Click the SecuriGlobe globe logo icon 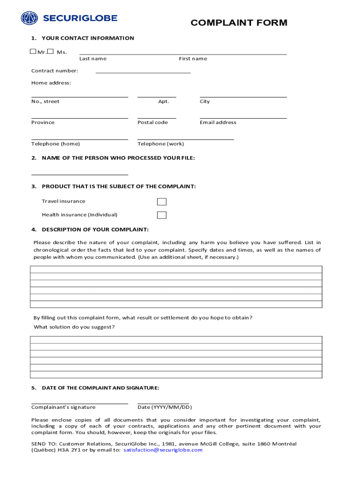click(x=29, y=18)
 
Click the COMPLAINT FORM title click(x=239, y=22)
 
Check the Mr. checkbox click(x=33, y=51)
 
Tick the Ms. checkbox click(x=50, y=51)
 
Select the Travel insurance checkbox click(x=162, y=202)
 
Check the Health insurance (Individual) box click(x=162, y=215)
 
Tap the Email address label click(x=218, y=123)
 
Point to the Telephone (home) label click(x=56, y=144)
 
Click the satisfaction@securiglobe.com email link click(x=163, y=450)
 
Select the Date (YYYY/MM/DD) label click(x=165, y=407)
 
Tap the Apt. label click(x=164, y=102)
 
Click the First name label click(x=193, y=59)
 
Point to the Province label click(x=43, y=123)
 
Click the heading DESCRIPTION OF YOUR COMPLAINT click(x=95, y=229)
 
